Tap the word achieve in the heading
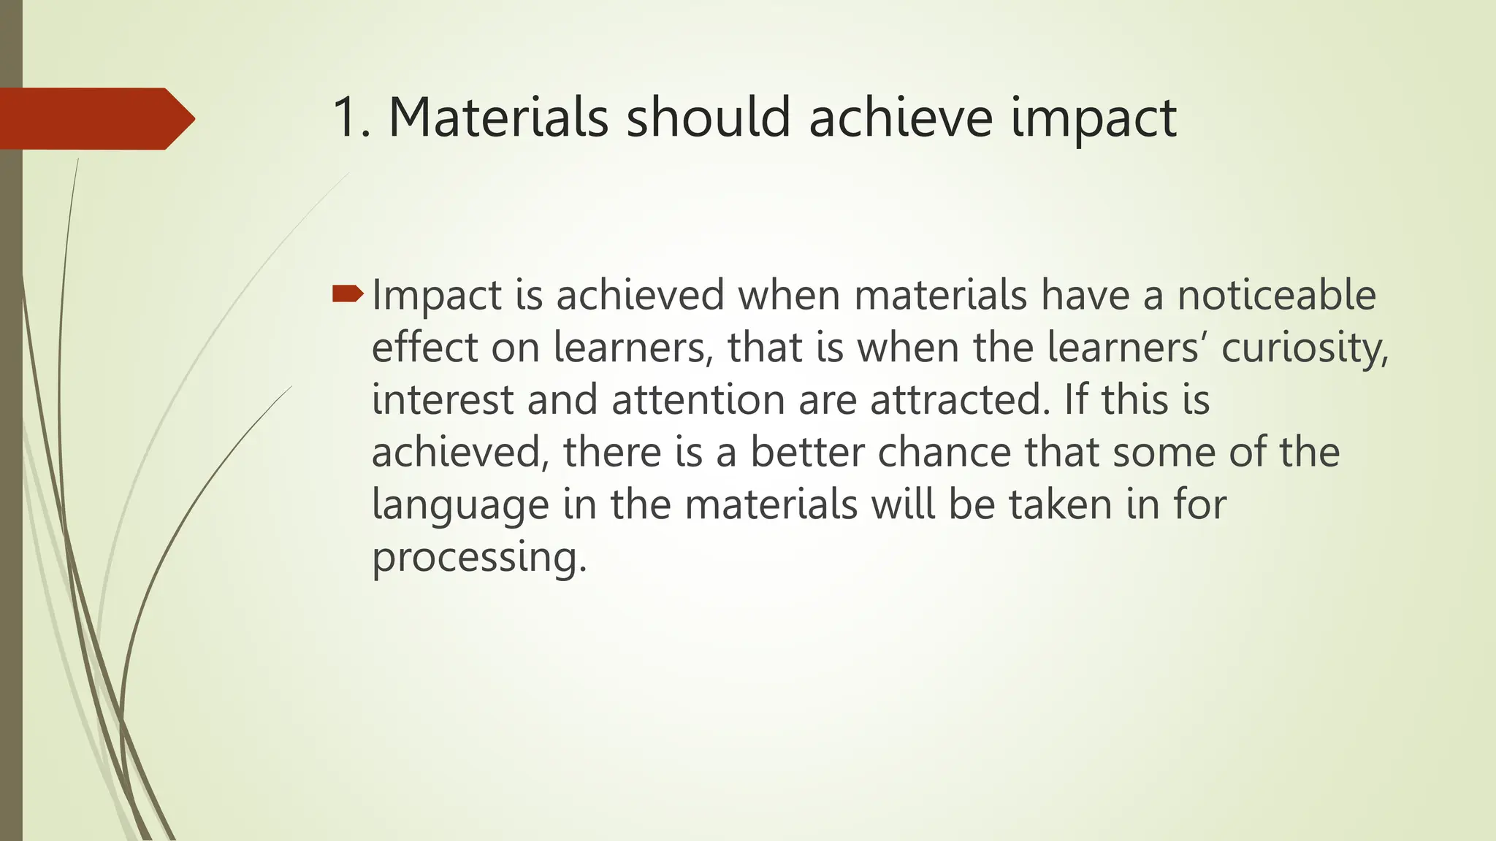coord(900,118)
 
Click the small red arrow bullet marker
coord(347,293)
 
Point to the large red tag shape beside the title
coord(95,118)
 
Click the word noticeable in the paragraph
coord(1276,295)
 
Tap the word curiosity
coord(1304,348)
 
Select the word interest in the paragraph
coord(443,400)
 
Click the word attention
coord(698,400)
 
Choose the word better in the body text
coord(807,453)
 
